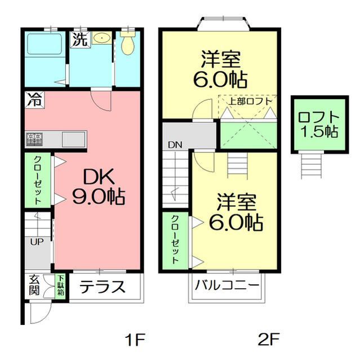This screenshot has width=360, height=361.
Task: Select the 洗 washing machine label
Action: click(x=78, y=40)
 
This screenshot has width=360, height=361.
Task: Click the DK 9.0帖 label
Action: click(x=98, y=187)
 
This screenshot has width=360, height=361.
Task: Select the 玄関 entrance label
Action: click(x=34, y=286)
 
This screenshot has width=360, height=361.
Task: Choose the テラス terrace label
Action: click(x=101, y=287)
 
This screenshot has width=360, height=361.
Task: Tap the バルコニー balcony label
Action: click(x=227, y=285)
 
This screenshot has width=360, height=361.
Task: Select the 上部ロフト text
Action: click(x=250, y=102)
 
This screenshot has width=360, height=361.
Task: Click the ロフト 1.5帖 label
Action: click(x=318, y=125)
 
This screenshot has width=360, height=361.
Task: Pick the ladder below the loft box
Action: click(x=311, y=165)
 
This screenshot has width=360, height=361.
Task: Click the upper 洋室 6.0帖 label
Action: click(x=220, y=69)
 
